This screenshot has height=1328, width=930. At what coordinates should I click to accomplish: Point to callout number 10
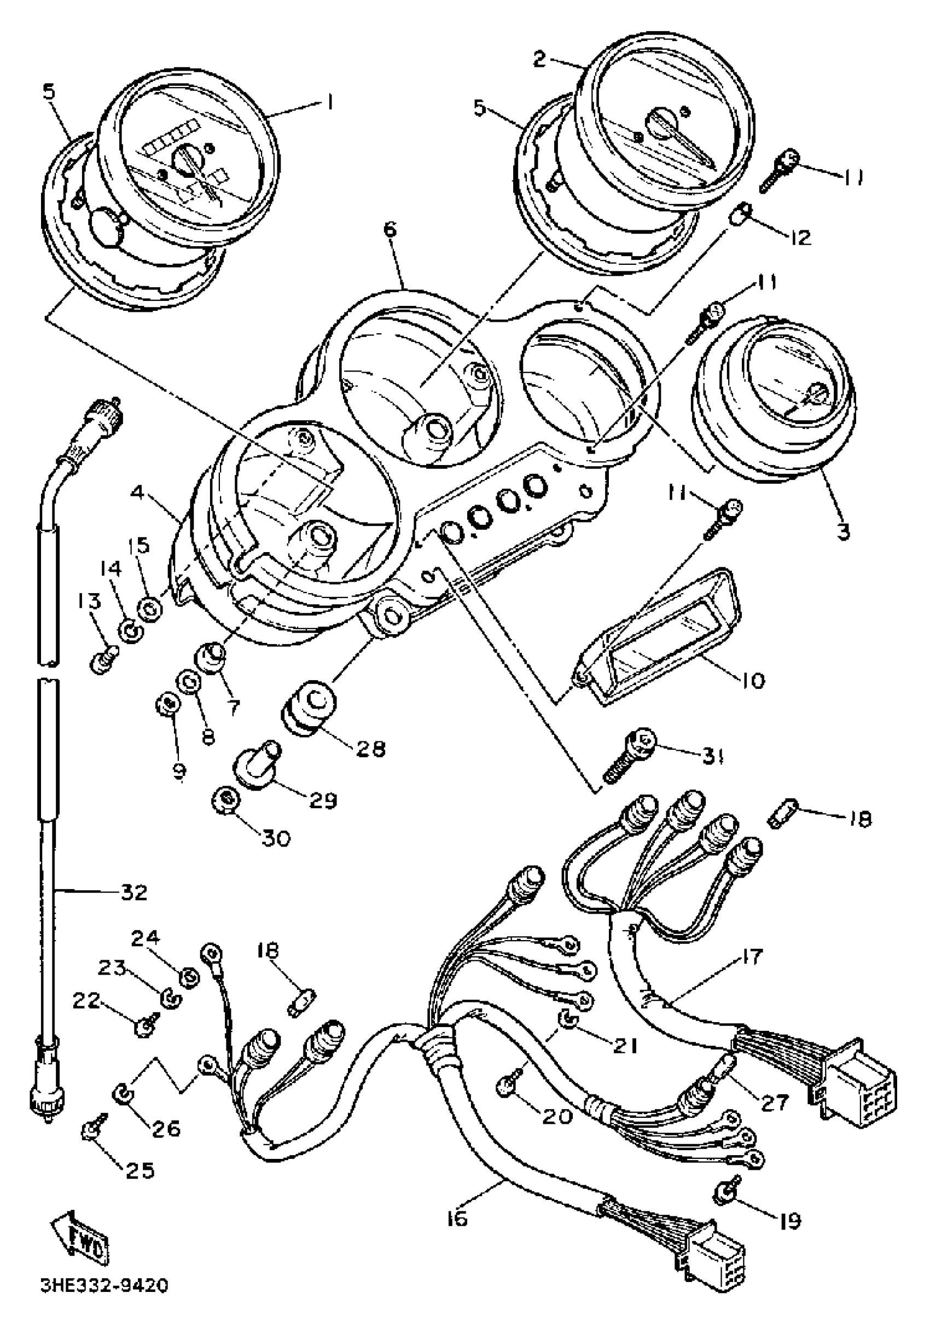coord(751,680)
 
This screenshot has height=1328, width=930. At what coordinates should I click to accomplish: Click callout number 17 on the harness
coord(750,957)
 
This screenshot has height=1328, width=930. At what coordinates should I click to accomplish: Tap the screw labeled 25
coord(91,1124)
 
